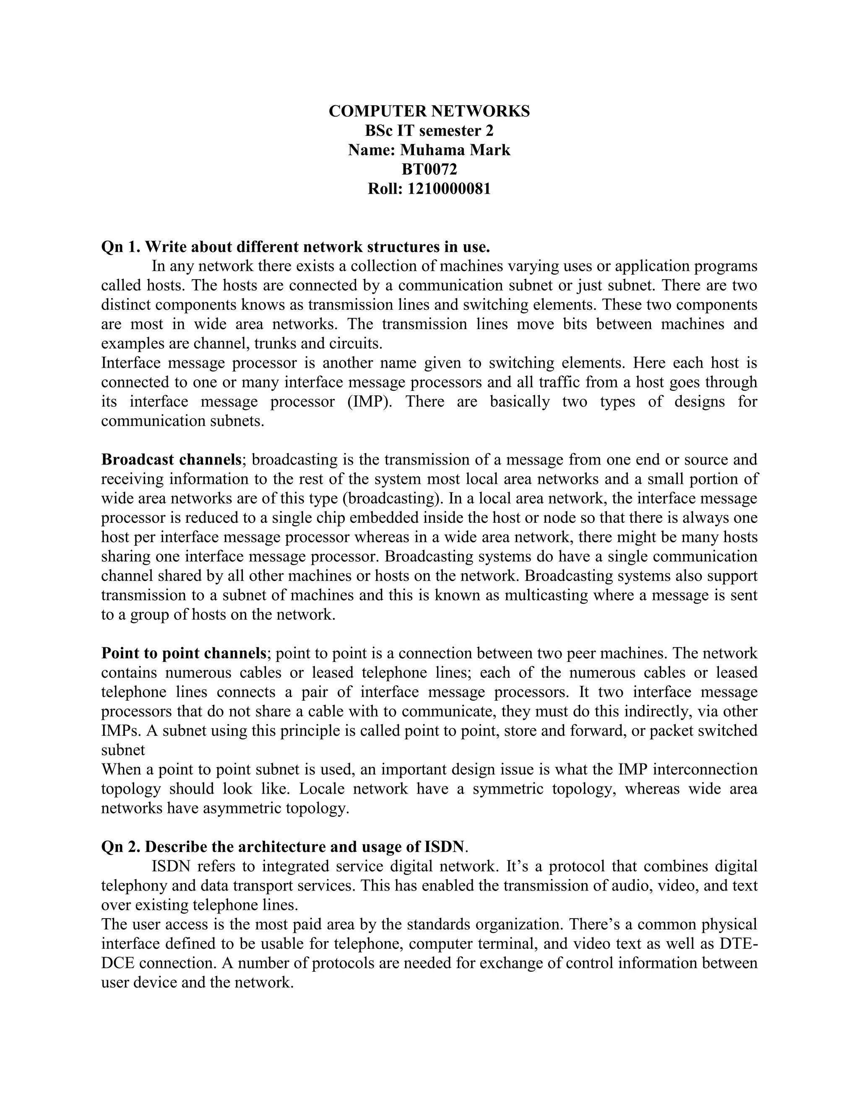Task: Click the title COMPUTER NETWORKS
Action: (x=429, y=112)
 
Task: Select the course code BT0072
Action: (x=429, y=169)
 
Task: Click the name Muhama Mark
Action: (x=455, y=150)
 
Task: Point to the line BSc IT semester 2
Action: (x=429, y=131)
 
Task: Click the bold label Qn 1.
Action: (x=120, y=247)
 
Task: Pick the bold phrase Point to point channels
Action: (x=184, y=653)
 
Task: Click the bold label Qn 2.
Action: (x=120, y=847)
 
